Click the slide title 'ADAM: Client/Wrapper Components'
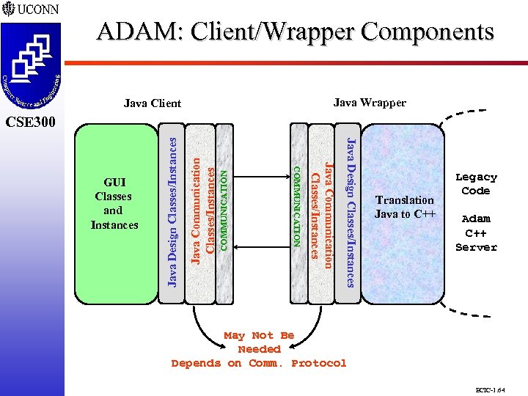(295, 32)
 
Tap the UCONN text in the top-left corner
(33, 10)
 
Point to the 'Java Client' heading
(152, 103)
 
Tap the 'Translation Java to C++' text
(405, 207)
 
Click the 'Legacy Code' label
(476, 184)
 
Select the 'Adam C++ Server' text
(476, 232)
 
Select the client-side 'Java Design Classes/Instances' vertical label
(172, 213)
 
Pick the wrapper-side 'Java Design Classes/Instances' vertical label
(351, 213)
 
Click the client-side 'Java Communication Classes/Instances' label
(202, 209)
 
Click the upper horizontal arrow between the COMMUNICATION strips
(262, 176)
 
